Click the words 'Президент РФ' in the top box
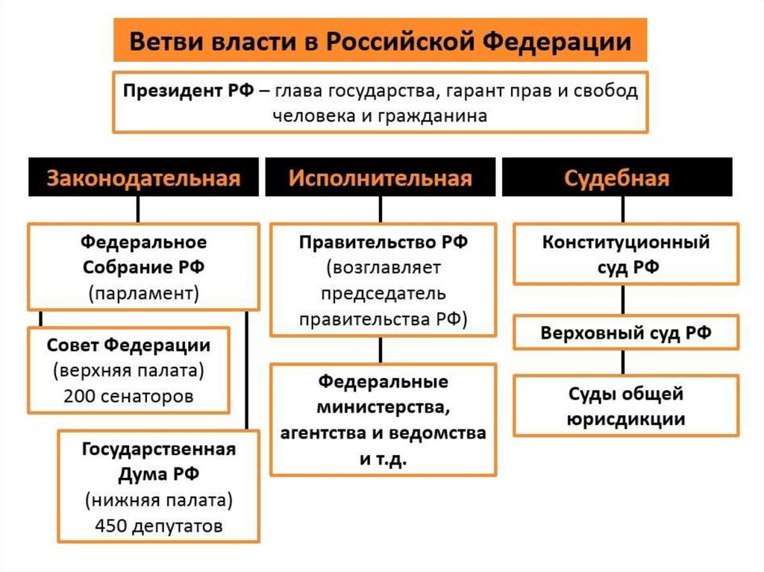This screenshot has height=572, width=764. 190,91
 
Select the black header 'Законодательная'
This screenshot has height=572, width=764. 144,177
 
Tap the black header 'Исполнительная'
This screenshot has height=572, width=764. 381,177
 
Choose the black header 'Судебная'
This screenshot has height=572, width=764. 616,177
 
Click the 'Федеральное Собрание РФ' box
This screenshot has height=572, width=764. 143,266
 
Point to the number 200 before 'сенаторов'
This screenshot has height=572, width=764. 78,396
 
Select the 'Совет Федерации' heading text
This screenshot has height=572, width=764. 128,345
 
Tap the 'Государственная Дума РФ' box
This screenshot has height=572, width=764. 158,485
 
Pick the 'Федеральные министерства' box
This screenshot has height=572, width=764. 383,419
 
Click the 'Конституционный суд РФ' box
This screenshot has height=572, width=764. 625,254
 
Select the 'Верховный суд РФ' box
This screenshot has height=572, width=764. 625,333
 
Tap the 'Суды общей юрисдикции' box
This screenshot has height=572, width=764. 625,405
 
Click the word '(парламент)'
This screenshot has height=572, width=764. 143,292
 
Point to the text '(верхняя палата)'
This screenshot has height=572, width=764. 128,371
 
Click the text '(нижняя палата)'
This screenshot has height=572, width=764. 158,499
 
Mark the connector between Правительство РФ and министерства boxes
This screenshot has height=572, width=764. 381,350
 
